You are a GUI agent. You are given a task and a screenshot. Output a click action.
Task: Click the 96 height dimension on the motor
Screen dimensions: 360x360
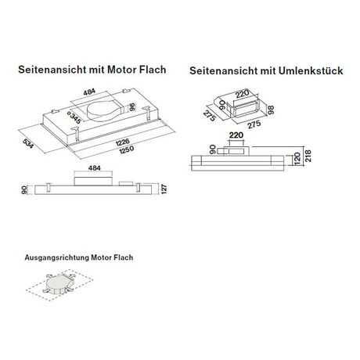coord(132,108)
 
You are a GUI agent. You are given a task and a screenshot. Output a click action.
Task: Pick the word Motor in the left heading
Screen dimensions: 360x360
coord(128,69)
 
